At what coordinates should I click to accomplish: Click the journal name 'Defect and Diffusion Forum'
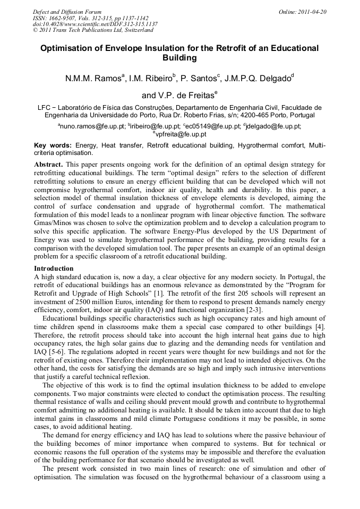[67, 12]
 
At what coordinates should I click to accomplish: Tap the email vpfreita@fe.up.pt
[181, 134]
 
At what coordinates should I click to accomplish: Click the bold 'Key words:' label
[53, 145]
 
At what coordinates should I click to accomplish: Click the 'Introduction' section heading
[54, 269]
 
